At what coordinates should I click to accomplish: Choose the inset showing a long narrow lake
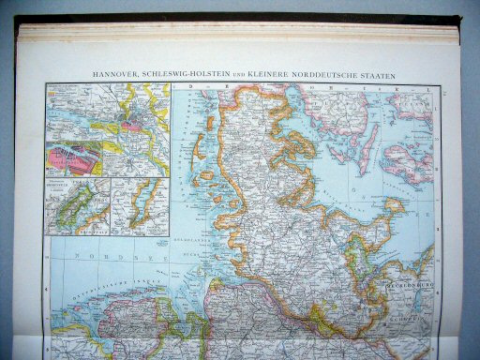pos(139,205)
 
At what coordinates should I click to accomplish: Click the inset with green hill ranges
pos(77,205)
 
